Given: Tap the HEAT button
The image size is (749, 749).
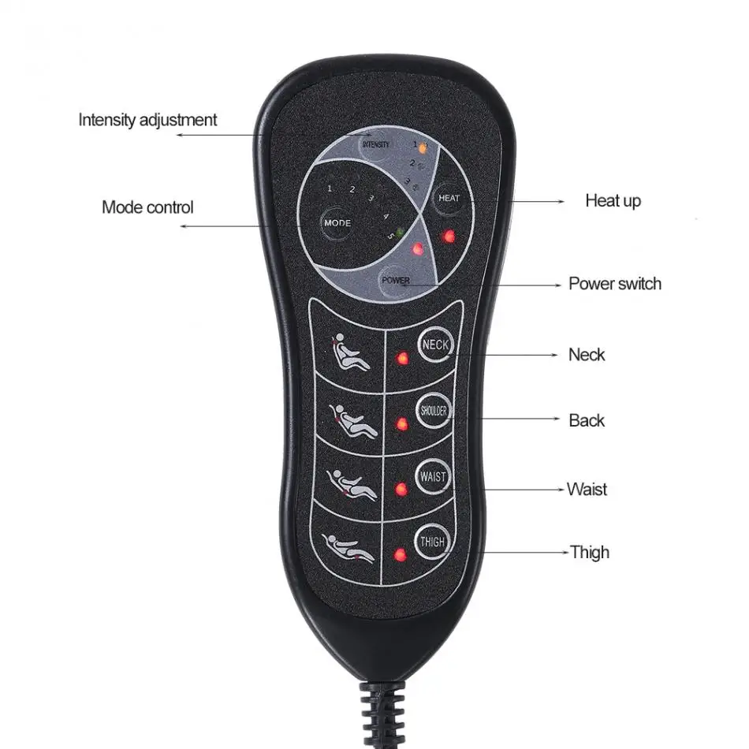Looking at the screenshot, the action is click(x=449, y=198).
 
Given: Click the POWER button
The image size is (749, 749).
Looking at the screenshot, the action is click(x=396, y=281).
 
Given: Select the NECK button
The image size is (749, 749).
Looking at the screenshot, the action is click(x=435, y=345).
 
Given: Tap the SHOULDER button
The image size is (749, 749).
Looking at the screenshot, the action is click(x=434, y=410).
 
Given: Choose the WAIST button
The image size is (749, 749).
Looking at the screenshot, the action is click(x=433, y=476).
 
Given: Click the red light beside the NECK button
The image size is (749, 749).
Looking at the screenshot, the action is click(x=403, y=358).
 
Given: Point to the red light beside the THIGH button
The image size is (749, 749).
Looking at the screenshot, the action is click(x=400, y=554).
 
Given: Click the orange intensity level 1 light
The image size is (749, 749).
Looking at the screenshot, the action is click(x=423, y=148).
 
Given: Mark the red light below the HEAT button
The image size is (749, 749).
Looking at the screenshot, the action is click(x=448, y=237).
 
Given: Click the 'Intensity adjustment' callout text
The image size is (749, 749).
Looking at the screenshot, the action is click(x=147, y=120).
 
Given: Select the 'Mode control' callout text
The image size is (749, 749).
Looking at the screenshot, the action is click(x=147, y=207).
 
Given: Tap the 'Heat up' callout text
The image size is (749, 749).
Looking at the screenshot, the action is click(x=613, y=201).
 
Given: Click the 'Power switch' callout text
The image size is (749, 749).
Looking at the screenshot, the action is click(x=615, y=284).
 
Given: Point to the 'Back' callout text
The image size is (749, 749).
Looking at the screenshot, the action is click(x=587, y=420).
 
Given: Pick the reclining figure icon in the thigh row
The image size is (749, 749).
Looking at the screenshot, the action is click(x=348, y=549).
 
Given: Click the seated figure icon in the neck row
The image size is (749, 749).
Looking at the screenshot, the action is click(x=349, y=352).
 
